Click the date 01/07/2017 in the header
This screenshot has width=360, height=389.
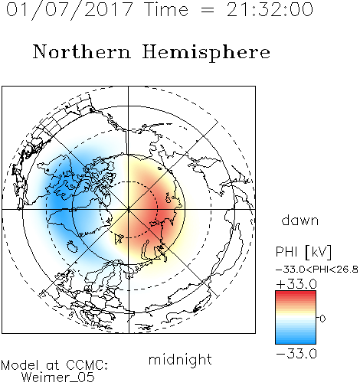click(70, 9)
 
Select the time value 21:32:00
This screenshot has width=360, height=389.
click(270, 9)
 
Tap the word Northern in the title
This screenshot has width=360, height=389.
click(82, 51)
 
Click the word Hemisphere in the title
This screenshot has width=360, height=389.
click(206, 53)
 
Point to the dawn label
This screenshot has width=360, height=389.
click(300, 220)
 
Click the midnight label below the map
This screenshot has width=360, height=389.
click(180, 360)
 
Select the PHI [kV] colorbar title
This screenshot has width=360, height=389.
click(304, 252)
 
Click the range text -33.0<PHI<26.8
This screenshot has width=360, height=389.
click(317, 270)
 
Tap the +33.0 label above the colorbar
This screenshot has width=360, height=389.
click(296, 284)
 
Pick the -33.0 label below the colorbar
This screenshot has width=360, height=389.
click(296, 354)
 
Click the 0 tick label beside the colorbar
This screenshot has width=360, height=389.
click(322, 319)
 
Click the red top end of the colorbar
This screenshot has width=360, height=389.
click(296, 293)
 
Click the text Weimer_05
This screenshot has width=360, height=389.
click(58, 378)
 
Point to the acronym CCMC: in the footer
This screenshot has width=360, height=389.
click(87, 365)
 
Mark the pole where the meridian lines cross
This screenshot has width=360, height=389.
click(129, 209)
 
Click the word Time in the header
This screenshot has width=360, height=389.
click(166, 9)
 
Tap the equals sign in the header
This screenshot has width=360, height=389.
click(208, 10)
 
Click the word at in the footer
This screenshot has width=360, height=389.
click(52, 365)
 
